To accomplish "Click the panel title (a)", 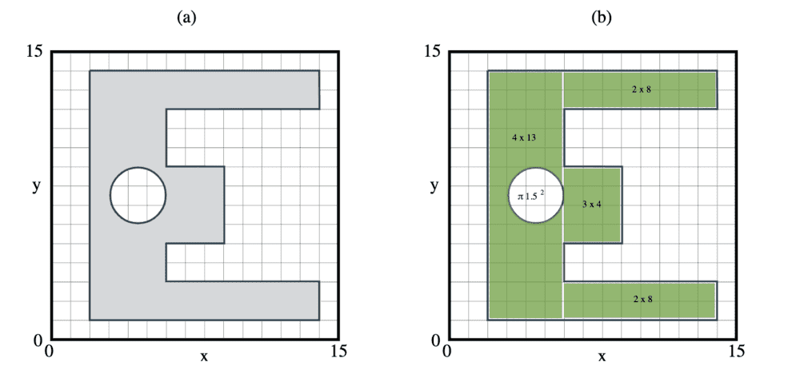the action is pyautogui.click(x=186, y=18).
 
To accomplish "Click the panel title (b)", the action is pyautogui.click(x=601, y=18).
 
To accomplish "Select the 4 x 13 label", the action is pyautogui.click(x=523, y=137).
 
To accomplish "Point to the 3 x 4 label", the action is pyautogui.click(x=592, y=205).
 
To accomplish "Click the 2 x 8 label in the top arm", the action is pyautogui.click(x=642, y=90).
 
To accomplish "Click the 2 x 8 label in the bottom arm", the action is pyautogui.click(x=642, y=300).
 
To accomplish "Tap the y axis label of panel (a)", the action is pyautogui.click(x=36, y=187).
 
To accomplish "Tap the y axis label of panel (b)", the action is pyautogui.click(x=434, y=187).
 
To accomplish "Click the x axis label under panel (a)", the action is pyautogui.click(x=203, y=356).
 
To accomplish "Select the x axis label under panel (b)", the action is pyautogui.click(x=602, y=356).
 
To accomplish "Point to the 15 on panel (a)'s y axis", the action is pyautogui.click(x=35, y=52).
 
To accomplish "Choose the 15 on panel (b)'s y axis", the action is pyautogui.click(x=434, y=52).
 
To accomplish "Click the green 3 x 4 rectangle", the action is pyautogui.click(x=592, y=205).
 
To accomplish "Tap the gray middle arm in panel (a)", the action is pyautogui.click(x=195, y=205).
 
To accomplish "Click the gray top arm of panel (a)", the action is pyautogui.click(x=242, y=90).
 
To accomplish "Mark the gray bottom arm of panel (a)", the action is pyautogui.click(x=242, y=300).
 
